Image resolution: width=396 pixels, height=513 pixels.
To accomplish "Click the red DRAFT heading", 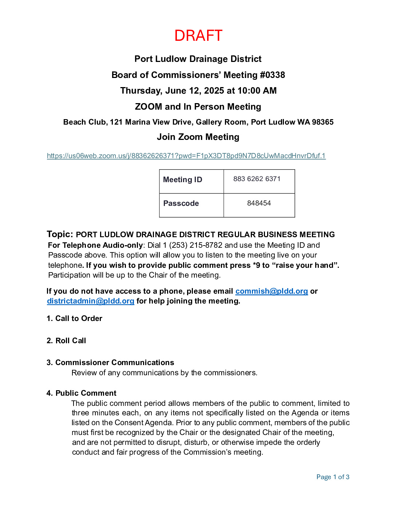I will click(x=198, y=36).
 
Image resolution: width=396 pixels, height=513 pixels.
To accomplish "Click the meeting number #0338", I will click(x=272, y=75).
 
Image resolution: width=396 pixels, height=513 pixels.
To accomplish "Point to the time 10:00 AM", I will click(x=257, y=91).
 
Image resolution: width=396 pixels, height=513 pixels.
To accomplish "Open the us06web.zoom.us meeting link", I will click(x=186, y=156).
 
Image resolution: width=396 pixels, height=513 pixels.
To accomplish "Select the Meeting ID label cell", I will click(x=183, y=180).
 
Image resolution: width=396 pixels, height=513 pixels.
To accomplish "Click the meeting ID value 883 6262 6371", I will click(x=257, y=179).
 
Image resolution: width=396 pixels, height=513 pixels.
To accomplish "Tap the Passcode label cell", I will click(x=181, y=203).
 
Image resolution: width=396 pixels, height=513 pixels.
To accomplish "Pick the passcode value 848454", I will click(x=259, y=203).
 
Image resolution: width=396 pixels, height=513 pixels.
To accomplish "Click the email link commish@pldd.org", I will click(x=272, y=291).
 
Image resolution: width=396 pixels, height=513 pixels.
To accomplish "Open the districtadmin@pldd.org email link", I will click(x=91, y=301).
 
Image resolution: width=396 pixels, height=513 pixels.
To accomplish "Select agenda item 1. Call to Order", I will click(x=75, y=318).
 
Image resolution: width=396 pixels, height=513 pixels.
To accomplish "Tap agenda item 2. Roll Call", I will click(x=67, y=341).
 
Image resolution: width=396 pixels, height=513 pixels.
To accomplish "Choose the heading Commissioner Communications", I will click(x=115, y=363).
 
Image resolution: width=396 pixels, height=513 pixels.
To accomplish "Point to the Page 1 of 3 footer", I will click(x=333, y=477).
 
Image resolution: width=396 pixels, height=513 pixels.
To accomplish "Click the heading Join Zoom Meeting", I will click(x=198, y=137).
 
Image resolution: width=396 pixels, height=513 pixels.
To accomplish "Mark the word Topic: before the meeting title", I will click(x=60, y=234).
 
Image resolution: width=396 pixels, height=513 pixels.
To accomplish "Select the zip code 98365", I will click(x=322, y=122).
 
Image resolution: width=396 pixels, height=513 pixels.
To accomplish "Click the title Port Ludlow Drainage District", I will click(x=198, y=59).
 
